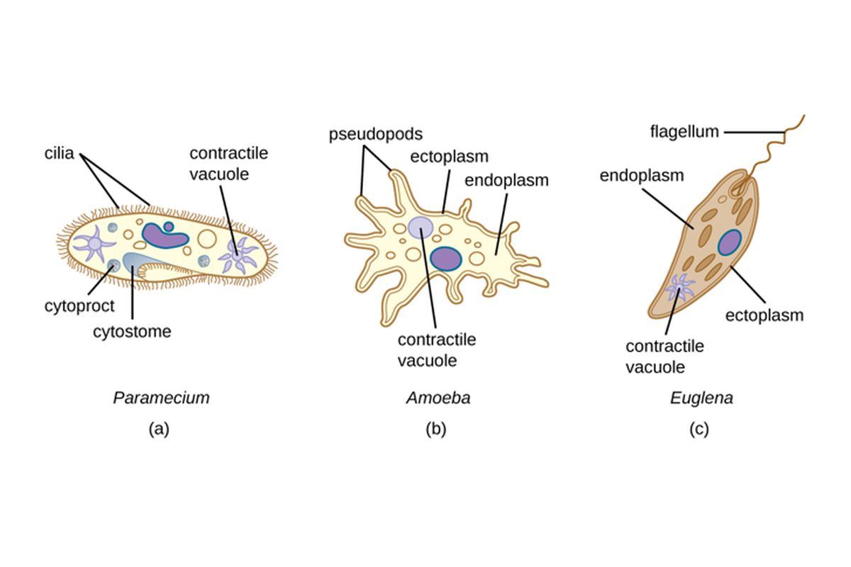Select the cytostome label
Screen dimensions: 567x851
point(133,331)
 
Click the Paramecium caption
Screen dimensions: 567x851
point(162,398)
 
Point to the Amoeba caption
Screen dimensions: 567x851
point(438,398)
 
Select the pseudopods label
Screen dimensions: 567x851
point(375,134)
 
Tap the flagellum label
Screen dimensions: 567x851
point(684,131)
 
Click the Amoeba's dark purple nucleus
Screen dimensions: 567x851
point(445,259)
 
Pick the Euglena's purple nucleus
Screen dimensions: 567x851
point(729,242)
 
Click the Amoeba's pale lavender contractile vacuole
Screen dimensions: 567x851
point(421,226)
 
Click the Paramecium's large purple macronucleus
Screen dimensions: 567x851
point(165,235)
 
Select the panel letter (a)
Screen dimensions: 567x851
point(159,428)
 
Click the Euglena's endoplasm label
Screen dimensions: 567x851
point(642,175)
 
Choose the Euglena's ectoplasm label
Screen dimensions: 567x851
point(764,315)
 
